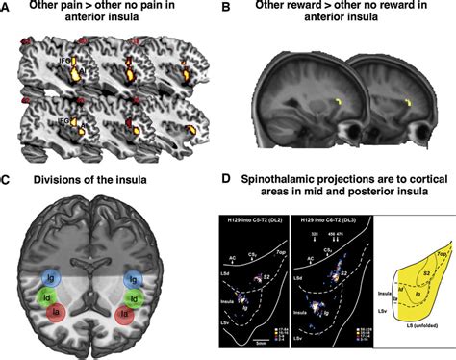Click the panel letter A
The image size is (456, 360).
[x=6, y=9]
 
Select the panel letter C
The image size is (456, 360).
[x=6, y=180]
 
